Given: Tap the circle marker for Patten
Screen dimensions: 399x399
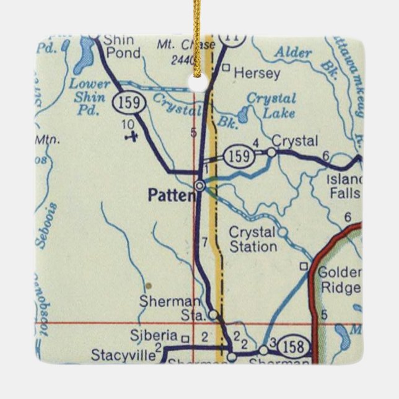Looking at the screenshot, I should coord(200,185).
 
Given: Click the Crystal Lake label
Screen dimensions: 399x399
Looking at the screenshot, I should coord(271,105).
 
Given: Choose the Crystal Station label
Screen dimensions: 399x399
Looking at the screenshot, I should coord(253,239).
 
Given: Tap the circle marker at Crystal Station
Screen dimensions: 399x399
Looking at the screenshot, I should coord(283,232).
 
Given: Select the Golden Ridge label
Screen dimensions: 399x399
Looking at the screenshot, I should coord(338,279).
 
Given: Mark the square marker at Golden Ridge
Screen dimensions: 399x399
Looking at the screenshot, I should coord(304,267).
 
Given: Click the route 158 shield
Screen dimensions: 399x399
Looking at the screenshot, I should coord(291,345).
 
